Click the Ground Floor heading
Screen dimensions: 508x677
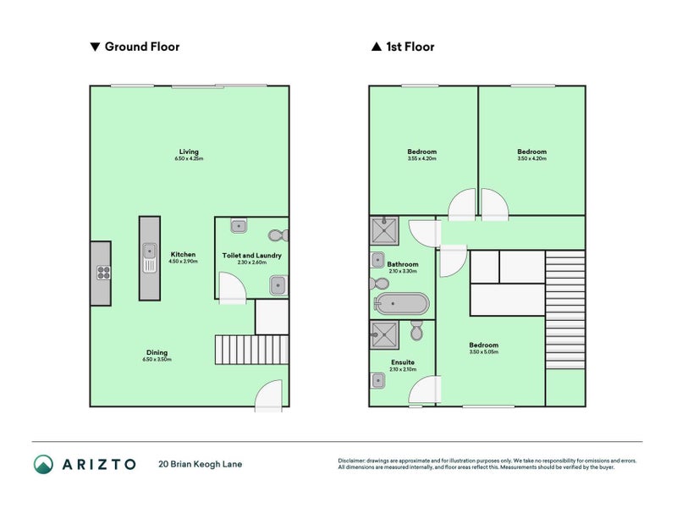coord(135,47)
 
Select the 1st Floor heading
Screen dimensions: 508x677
coord(403,47)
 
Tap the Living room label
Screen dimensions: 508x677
coord(189,153)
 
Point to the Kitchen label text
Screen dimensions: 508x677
coord(184,255)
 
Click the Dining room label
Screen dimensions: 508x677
coord(157,353)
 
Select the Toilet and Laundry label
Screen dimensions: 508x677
coord(251,255)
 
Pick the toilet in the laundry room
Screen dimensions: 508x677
coord(276,236)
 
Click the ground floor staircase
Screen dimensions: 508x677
coord(234,350)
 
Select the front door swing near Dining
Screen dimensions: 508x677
coord(269,395)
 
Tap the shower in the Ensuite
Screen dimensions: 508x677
coord(384,335)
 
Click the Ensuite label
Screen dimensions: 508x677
coord(403,362)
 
